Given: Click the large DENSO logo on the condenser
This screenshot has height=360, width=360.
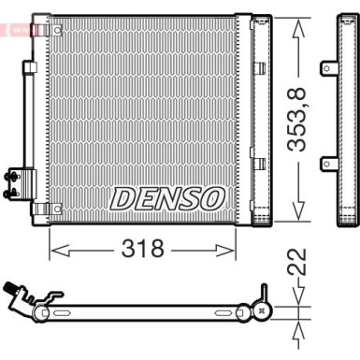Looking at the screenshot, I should pos(168,198).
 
